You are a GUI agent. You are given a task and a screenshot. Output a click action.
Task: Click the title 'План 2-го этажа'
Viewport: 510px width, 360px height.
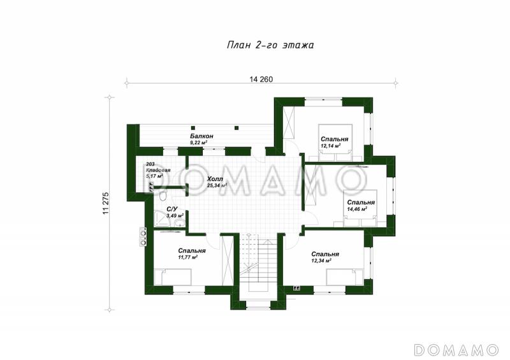click(270, 45)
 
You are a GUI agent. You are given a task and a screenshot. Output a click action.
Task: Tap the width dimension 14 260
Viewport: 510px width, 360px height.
click(261, 79)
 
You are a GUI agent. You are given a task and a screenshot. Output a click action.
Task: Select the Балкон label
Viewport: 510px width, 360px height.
click(201, 136)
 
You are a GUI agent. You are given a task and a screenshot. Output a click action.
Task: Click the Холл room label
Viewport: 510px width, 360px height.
click(215, 179)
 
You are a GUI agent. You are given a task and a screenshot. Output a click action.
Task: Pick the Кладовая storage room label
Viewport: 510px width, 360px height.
click(158, 170)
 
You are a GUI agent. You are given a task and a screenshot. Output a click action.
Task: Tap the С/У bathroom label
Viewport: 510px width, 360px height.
click(171, 209)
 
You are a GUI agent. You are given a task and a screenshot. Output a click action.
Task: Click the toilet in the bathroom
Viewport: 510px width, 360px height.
click(163, 196)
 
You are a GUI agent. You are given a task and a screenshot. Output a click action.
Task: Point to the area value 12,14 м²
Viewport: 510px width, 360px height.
click(330, 146)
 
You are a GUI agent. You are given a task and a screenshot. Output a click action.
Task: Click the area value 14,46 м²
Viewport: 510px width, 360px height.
click(357, 209)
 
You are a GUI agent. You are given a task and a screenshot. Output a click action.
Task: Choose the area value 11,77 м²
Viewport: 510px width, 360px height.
click(188, 257)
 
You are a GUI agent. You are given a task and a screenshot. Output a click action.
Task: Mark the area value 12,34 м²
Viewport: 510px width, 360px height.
click(321, 261)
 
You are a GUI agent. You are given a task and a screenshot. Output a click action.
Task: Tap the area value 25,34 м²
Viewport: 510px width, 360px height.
click(217, 185)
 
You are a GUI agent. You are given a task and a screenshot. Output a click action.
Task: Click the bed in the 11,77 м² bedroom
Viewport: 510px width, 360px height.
click(173, 277)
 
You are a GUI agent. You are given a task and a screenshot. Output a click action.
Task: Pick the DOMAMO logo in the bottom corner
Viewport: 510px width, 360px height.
click(456, 349)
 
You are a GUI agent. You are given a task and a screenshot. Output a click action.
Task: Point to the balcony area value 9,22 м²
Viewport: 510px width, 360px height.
click(199, 143)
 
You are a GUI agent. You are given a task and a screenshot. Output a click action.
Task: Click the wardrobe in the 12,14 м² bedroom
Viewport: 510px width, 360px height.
click(289, 123)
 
